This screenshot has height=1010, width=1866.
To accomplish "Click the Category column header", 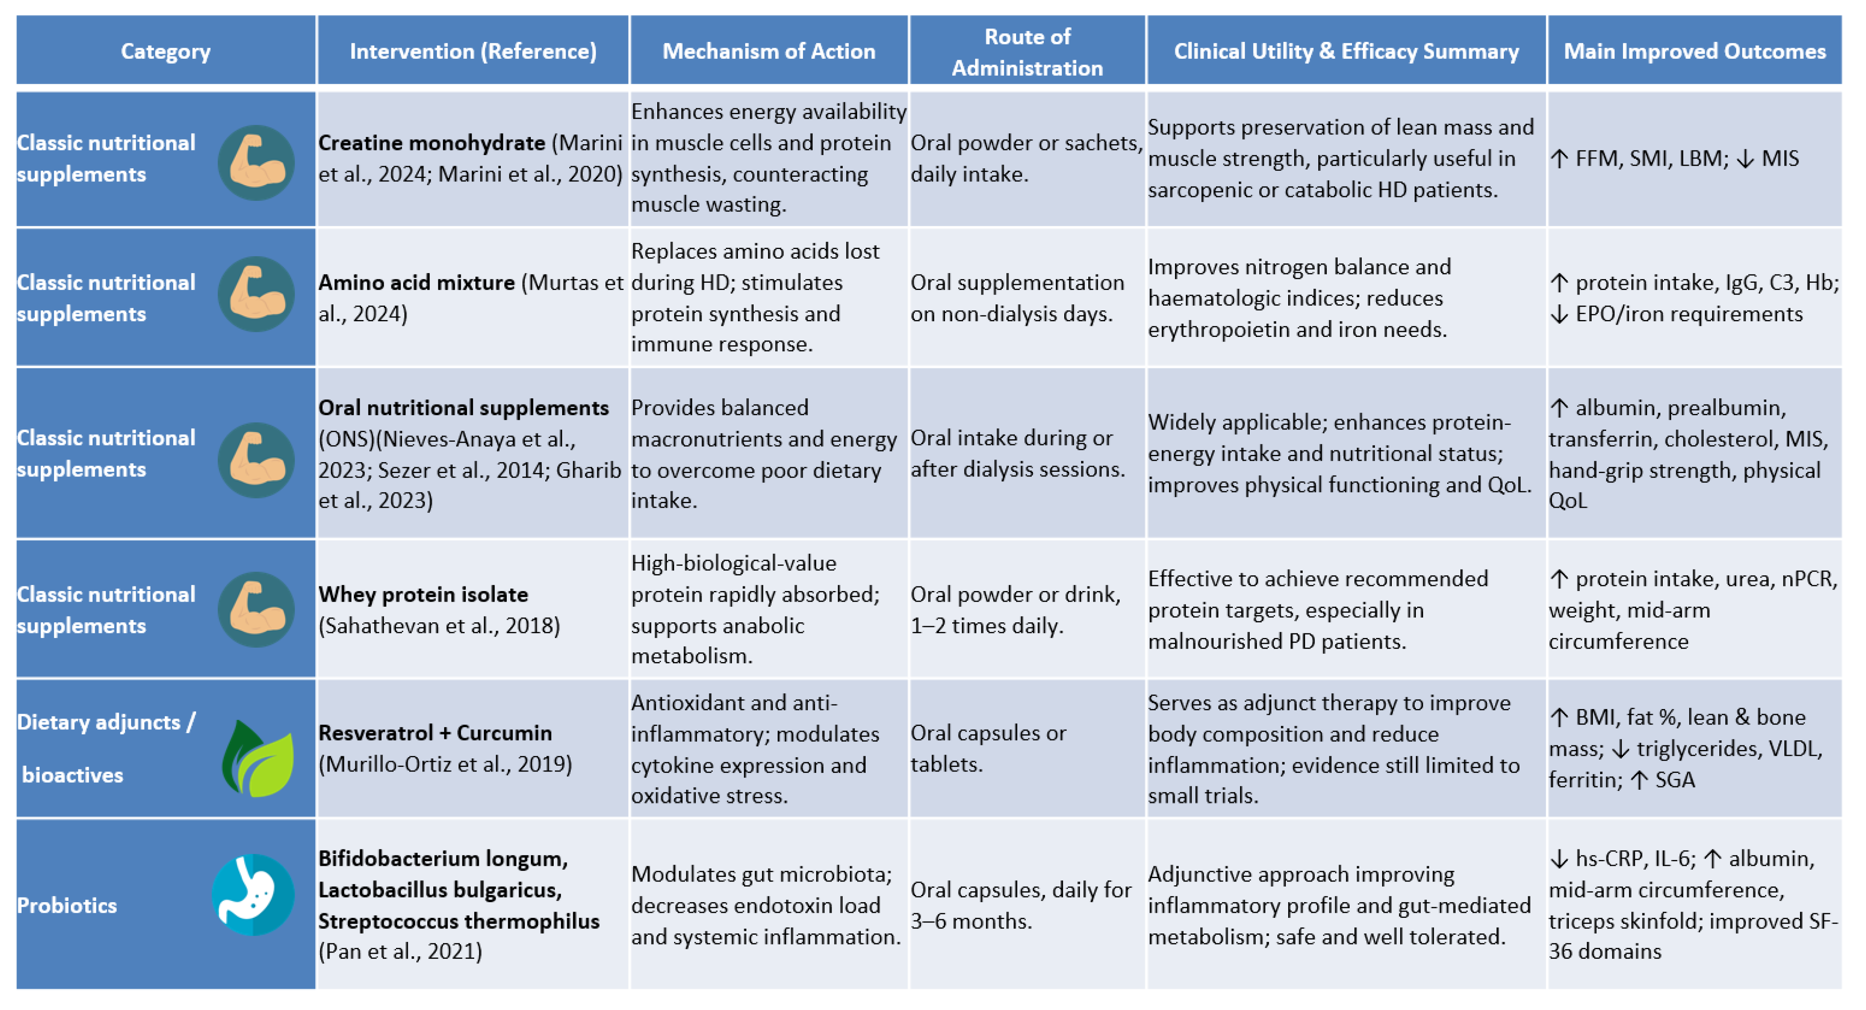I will point(165,52).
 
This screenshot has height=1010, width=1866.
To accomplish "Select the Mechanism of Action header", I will point(768,52).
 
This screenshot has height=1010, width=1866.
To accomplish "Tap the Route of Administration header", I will point(1027,52).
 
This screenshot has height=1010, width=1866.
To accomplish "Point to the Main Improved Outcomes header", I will point(1694,52).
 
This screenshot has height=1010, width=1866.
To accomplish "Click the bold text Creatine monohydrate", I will point(432,143).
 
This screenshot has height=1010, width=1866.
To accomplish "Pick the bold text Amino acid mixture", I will point(416,282).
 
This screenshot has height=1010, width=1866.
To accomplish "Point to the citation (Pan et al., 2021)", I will point(400,951).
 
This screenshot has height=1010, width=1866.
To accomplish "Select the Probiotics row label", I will point(67,905).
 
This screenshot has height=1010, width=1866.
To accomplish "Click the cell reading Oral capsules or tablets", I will point(988,748).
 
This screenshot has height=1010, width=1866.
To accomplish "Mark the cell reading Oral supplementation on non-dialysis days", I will point(1017,298).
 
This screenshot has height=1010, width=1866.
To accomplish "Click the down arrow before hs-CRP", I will point(1558,859).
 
